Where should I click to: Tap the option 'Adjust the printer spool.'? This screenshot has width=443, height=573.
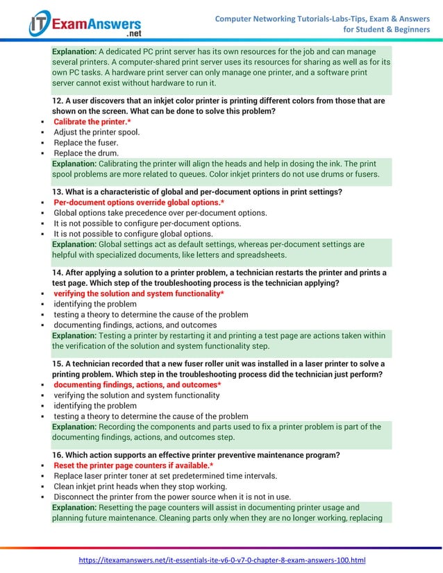(x=97, y=132)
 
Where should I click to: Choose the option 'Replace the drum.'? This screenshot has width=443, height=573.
(x=86, y=153)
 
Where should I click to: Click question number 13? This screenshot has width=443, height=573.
(x=58, y=191)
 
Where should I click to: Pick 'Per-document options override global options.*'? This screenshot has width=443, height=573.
(x=139, y=202)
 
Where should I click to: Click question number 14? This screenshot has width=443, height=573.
(x=58, y=273)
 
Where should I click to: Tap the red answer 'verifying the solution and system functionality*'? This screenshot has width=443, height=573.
(x=139, y=293)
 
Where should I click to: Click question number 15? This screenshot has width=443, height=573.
(x=58, y=364)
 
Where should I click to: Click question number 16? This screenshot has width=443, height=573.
(x=58, y=455)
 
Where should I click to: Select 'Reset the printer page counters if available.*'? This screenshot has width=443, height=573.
(x=133, y=465)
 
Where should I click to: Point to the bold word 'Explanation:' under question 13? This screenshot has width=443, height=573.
(x=75, y=244)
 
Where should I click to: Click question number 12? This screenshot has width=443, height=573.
(x=58, y=101)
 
